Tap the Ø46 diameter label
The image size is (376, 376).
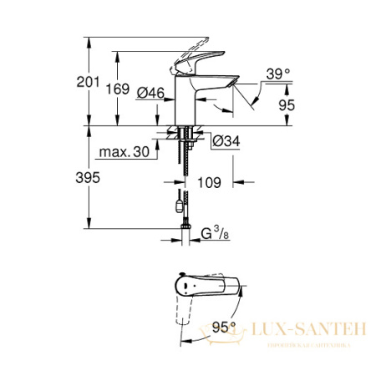[x=149, y=93]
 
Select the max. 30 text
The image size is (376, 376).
[x=123, y=152]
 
